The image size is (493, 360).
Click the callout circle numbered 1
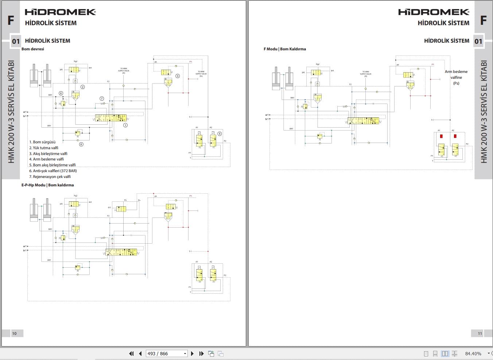(x=125, y=125)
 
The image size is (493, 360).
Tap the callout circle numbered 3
(x=178, y=76)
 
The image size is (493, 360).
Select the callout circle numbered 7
(x=102, y=98)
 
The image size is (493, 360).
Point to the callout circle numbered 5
(x=220, y=133)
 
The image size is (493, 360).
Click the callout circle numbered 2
(x=83, y=87)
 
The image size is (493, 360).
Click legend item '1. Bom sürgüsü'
(x=42, y=142)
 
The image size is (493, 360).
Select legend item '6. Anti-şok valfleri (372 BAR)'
(x=53, y=171)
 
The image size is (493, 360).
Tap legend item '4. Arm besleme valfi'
(x=46, y=159)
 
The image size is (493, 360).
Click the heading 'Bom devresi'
(x=33, y=49)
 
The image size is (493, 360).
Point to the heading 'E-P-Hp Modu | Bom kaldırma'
(x=47, y=185)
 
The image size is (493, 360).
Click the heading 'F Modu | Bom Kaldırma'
(x=284, y=49)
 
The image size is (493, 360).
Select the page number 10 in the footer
(x=14, y=333)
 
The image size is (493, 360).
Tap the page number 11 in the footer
(x=480, y=333)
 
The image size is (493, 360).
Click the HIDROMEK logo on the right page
(x=434, y=12)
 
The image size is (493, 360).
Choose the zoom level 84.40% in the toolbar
(x=473, y=353)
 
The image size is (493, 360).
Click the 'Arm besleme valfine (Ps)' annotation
(x=456, y=77)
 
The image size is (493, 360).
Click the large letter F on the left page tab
(x=11, y=20)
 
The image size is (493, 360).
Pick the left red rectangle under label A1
(x=441, y=136)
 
